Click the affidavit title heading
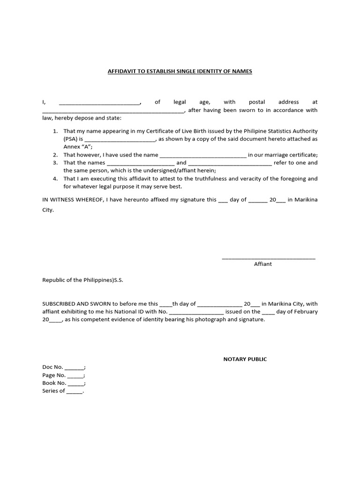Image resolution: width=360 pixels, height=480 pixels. point(180,71)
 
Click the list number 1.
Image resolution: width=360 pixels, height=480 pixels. point(55,131)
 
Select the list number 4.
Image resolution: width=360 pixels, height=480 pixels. point(55,179)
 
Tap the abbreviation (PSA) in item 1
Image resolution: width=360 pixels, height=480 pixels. point(72,139)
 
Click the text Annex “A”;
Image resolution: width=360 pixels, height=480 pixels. point(78,147)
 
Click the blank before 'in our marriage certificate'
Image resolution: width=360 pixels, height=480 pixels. point(203,155)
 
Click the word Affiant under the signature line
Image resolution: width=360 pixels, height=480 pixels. point(262,264)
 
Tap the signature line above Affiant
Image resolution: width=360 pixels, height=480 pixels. point(268,257)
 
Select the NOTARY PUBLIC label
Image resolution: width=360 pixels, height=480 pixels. point(245,359)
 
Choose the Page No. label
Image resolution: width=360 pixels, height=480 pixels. point(54,375)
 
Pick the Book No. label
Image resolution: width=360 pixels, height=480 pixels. point(54,383)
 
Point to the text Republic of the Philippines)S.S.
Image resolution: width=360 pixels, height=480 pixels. point(82,280)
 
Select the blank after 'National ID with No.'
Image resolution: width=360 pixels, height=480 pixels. point(196,312)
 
